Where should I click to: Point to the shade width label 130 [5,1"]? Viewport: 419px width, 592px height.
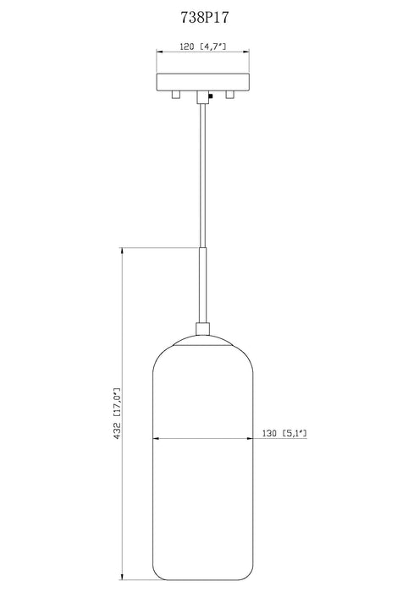pyautogui.click(x=284, y=434)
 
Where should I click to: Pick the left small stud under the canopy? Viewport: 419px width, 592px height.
pyautogui.click(x=175, y=96)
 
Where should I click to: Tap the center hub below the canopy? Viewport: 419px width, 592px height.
pyautogui.click(x=202, y=98)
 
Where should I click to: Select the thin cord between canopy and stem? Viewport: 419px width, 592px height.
pyautogui.click(x=202, y=169)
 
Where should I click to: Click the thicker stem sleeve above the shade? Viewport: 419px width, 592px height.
pyautogui.click(x=202, y=283)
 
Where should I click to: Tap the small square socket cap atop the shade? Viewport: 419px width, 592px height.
pyautogui.click(x=202, y=329)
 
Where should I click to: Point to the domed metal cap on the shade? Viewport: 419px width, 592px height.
pyautogui.click(x=202, y=340)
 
